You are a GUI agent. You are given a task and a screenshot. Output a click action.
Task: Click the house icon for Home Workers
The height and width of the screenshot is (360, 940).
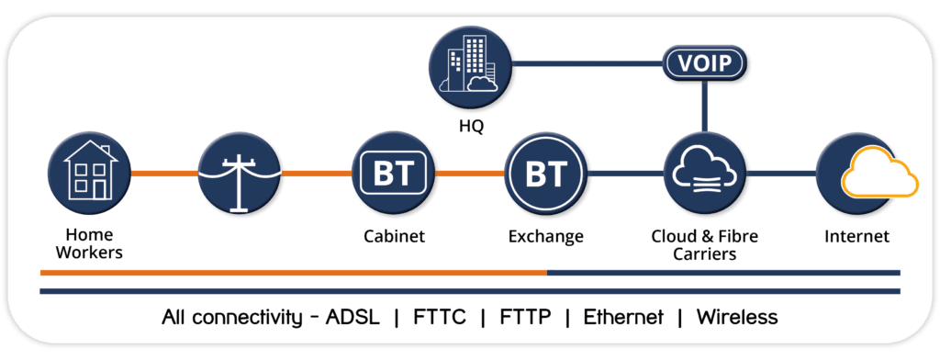(85, 172)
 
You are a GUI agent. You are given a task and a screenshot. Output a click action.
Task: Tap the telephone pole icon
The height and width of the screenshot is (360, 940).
(238, 172)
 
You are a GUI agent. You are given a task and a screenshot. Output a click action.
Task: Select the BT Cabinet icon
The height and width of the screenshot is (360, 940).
(392, 172)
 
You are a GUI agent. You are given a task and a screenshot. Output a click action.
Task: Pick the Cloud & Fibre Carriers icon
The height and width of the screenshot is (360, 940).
(703, 172)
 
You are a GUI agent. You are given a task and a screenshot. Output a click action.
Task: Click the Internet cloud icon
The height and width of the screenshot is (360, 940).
(856, 172)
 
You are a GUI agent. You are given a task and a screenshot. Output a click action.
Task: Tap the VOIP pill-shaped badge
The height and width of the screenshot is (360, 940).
(704, 65)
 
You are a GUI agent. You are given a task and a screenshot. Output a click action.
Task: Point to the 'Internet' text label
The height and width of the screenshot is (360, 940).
(856, 237)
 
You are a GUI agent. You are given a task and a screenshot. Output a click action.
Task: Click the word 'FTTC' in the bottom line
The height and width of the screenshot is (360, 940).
(439, 318)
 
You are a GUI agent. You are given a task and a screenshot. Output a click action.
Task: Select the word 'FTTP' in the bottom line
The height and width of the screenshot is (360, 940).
(525, 318)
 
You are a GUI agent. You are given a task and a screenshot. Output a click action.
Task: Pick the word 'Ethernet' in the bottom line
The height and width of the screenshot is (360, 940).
(624, 318)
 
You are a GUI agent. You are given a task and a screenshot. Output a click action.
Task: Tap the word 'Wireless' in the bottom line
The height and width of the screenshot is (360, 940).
(737, 318)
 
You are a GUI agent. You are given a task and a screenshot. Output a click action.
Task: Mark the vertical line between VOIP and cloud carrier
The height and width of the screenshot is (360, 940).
(704, 106)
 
